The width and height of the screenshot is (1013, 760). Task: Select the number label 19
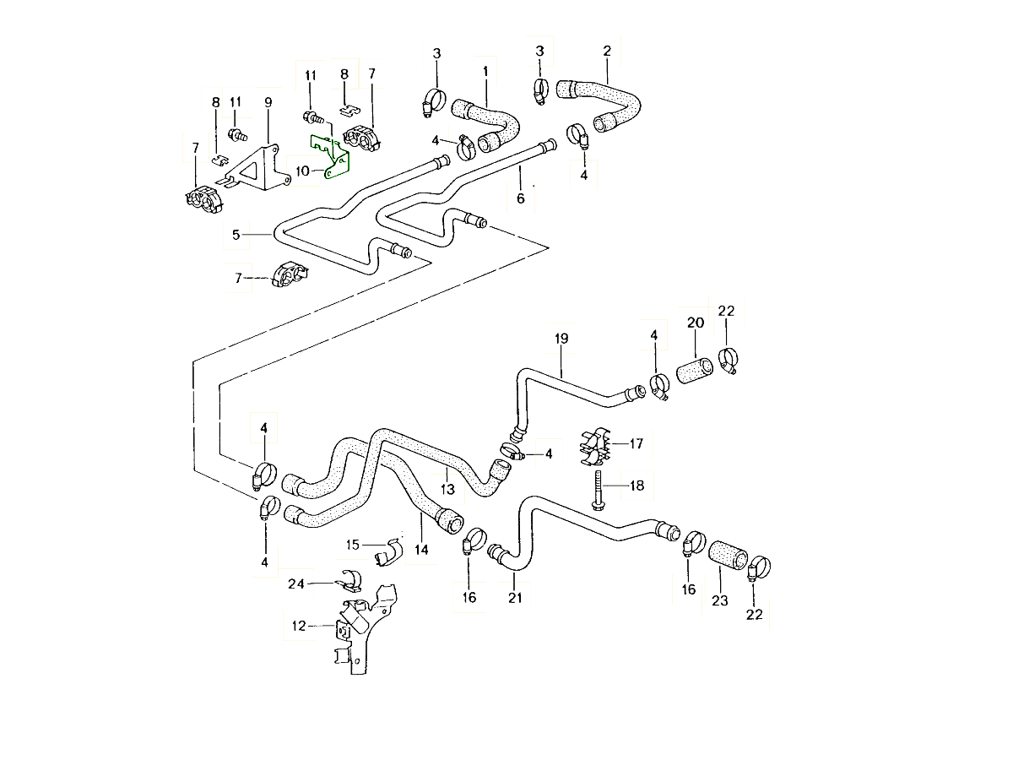click(561, 339)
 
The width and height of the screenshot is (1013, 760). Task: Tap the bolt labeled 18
click(598, 488)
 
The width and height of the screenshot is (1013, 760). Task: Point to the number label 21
click(516, 598)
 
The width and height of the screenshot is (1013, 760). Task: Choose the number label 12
click(299, 626)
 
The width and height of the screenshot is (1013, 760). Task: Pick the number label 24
click(295, 584)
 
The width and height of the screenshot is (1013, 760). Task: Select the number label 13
click(447, 489)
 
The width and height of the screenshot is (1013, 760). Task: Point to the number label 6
click(520, 198)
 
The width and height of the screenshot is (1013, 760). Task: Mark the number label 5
click(237, 233)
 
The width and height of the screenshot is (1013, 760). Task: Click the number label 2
click(607, 52)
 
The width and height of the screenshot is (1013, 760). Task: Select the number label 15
click(353, 545)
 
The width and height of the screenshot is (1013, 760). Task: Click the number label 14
click(421, 550)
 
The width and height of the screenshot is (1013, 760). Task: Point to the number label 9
click(268, 102)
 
